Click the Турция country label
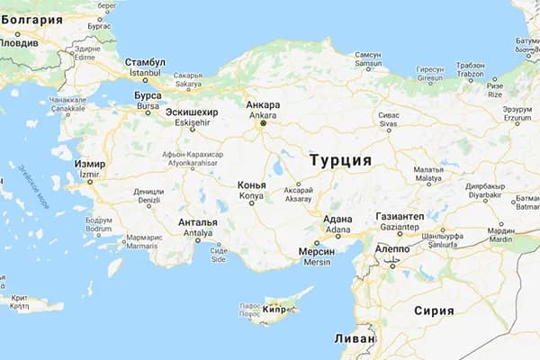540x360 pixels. point(339,159)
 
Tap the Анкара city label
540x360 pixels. point(263,105)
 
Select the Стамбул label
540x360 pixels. point(146,61)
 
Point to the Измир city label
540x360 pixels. point(90,165)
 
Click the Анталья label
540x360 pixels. point(198,222)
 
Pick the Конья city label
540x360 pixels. point(251,184)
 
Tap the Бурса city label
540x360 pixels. point(148,94)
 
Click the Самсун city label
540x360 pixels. point(368,54)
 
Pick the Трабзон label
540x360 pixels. point(470,66)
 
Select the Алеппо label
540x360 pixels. point(391,247)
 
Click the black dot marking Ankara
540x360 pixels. point(263,124)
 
